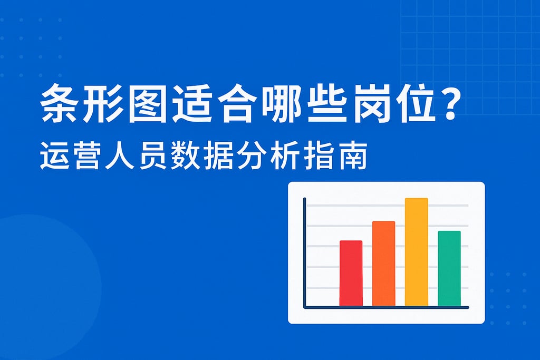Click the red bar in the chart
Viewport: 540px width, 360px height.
[x=351, y=273]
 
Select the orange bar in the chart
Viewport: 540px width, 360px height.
[x=384, y=264]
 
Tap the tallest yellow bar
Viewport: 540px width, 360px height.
[x=417, y=252]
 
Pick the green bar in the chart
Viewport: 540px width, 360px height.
[x=449, y=268]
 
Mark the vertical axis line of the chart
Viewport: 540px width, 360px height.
[x=304, y=252]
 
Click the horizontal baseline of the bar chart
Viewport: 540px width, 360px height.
[x=386, y=307]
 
